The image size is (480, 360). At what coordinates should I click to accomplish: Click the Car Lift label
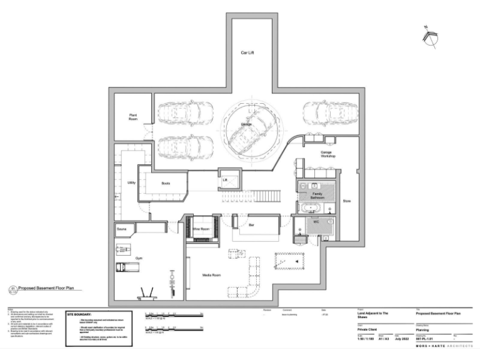(x=247, y=53)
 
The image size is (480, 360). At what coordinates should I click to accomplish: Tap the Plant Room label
(x=133, y=117)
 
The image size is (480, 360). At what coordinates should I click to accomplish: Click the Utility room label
(x=131, y=182)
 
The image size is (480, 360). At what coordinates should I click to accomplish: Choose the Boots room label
(x=166, y=183)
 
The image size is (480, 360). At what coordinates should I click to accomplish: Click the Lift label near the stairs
(x=225, y=180)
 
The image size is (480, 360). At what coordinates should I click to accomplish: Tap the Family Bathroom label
(x=317, y=195)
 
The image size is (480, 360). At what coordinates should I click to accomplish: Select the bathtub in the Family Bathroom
(x=311, y=208)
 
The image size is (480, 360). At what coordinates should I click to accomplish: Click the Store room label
(x=347, y=201)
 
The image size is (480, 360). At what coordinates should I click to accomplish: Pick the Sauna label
(x=122, y=230)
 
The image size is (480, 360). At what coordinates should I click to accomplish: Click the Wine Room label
(x=201, y=229)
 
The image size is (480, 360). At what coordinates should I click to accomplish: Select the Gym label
(x=138, y=257)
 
